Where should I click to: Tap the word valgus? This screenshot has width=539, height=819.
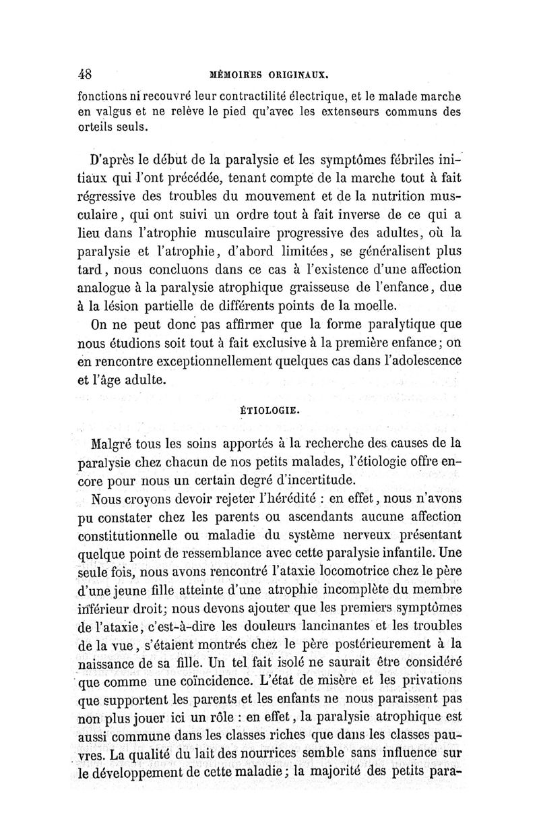click(x=121, y=114)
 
